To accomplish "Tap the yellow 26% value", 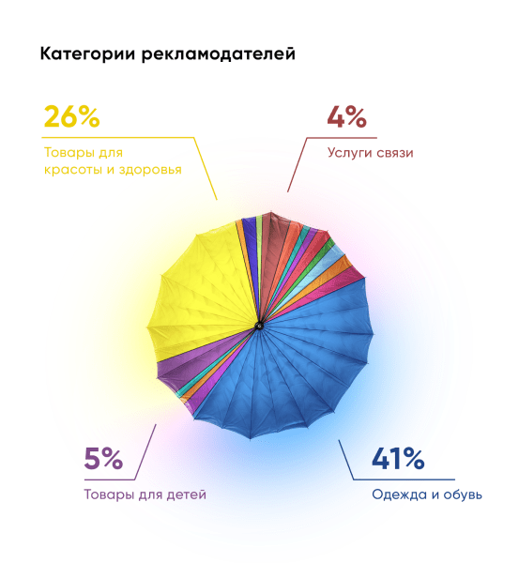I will [71, 117].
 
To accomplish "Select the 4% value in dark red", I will [346, 117].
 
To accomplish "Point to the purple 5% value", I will [103, 459].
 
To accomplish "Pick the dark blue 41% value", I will [398, 459].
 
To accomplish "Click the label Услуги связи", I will [370, 152].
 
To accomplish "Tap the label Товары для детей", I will [144, 495].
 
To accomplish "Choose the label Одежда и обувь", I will [427, 495].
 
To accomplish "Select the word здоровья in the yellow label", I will [149, 170].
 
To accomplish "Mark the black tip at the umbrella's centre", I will [258, 327].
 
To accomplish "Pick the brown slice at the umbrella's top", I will [269, 249].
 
